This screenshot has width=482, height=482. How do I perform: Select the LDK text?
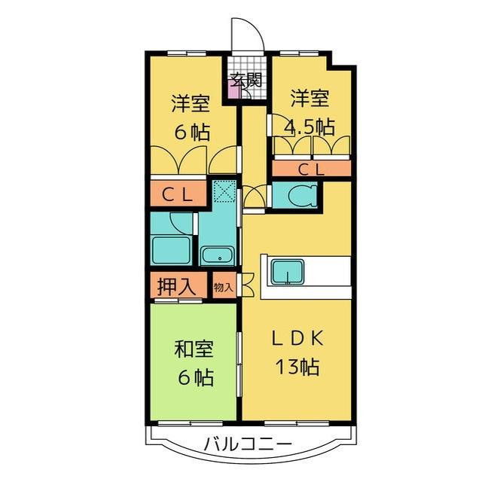[x=297, y=337]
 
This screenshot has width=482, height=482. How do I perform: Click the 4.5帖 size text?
[x=310, y=126]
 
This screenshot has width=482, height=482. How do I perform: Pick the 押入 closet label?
[x=178, y=286]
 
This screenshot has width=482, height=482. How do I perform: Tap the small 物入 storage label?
[x=224, y=287]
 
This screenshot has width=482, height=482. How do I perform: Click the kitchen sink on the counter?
[x=287, y=270]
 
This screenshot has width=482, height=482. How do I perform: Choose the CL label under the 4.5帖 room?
[x=311, y=169]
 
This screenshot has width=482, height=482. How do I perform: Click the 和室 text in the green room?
[x=194, y=349]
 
